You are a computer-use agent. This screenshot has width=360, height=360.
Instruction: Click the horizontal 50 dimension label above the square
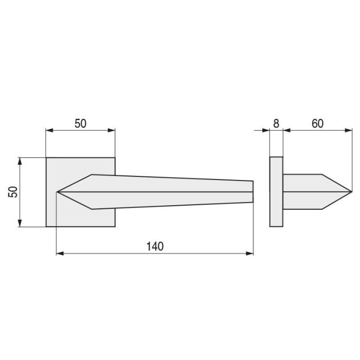[81, 123]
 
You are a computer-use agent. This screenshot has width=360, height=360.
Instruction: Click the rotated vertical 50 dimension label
[13, 192]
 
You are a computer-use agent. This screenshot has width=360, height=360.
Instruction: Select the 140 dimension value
[154, 246]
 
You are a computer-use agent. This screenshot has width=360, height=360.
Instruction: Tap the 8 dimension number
[276, 123]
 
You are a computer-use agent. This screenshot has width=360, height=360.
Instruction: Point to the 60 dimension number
[317, 123]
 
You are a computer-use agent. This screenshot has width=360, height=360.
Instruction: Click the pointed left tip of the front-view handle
[57, 192]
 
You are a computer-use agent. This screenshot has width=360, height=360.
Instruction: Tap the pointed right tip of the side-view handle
[351, 192]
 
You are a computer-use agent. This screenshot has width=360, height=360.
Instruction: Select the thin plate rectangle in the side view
[276, 192]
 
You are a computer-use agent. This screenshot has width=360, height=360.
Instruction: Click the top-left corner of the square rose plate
[46, 157]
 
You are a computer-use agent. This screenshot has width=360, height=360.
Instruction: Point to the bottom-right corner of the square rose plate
[115, 226]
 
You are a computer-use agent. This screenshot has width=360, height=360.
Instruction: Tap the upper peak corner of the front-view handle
[92, 175]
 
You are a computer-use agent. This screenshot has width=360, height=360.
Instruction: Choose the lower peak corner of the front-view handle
[92, 209]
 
